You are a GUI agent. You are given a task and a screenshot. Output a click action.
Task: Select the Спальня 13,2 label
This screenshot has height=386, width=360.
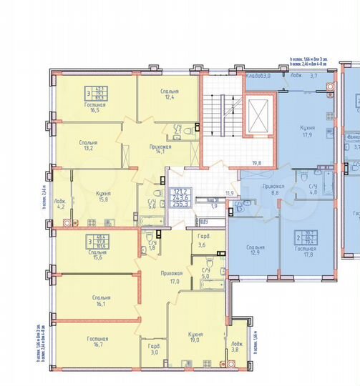(86, 147)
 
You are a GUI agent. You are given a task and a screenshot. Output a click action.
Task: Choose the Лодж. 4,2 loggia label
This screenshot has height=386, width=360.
(62, 204)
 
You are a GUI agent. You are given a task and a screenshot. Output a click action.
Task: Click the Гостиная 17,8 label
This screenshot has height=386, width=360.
(310, 251)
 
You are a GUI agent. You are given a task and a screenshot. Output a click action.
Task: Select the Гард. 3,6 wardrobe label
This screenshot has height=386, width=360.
(201, 242)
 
